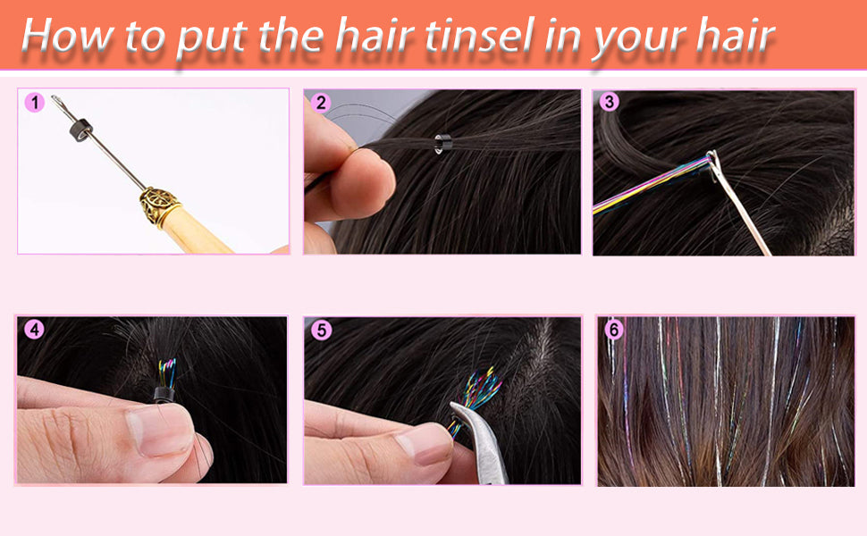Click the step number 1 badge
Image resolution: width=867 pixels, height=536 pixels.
click(x=35, y=104)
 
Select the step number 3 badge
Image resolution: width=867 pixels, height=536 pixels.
click(x=610, y=102)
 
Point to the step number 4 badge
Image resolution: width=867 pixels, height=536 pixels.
click(x=35, y=330)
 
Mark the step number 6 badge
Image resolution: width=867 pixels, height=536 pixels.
click(x=612, y=330)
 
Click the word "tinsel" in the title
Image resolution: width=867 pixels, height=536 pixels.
click(x=475, y=35)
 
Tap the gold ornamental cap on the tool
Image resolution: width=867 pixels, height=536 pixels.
click(x=158, y=206)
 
